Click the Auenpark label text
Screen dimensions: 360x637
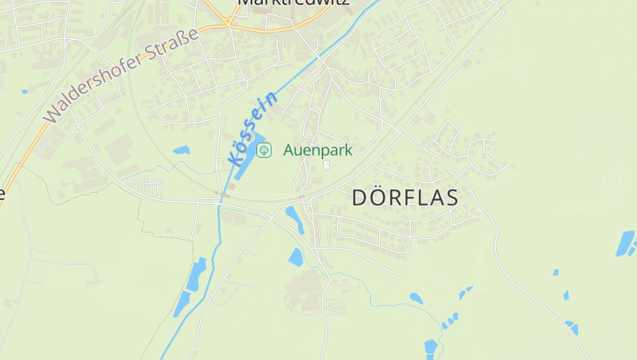(317, 150)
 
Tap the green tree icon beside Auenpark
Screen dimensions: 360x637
(264, 150)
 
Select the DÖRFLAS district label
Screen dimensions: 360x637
(404, 198)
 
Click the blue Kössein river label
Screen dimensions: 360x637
(253, 127)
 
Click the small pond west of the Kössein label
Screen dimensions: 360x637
(182, 150)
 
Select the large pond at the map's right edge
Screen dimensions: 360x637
(626, 243)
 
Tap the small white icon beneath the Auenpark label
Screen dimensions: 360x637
(326, 165)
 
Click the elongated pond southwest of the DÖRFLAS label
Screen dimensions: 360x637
(295, 218)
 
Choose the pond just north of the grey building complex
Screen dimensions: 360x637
(296, 256)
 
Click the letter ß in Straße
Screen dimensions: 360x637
(181, 41)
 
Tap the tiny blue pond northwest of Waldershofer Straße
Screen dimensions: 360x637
(25, 92)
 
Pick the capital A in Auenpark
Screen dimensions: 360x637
(288, 150)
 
